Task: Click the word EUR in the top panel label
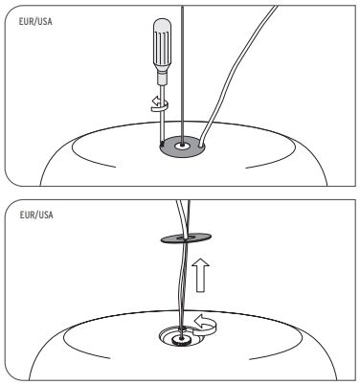point(25,21)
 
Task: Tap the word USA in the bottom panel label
point(46,215)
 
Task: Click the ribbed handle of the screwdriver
point(162,46)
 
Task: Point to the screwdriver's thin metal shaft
point(162,112)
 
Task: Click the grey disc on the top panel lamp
point(183,147)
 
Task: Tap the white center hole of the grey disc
point(182,146)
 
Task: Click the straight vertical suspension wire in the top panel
point(182,75)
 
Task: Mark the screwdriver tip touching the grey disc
point(162,142)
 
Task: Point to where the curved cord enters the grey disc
point(200,147)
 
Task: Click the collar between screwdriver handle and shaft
point(162,79)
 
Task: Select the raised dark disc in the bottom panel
point(187,238)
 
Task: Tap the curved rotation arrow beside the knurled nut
point(206,325)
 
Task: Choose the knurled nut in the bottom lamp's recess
point(181,340)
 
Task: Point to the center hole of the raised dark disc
point(186,238)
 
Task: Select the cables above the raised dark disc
point(183,218)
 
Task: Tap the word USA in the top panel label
point(45,21)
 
